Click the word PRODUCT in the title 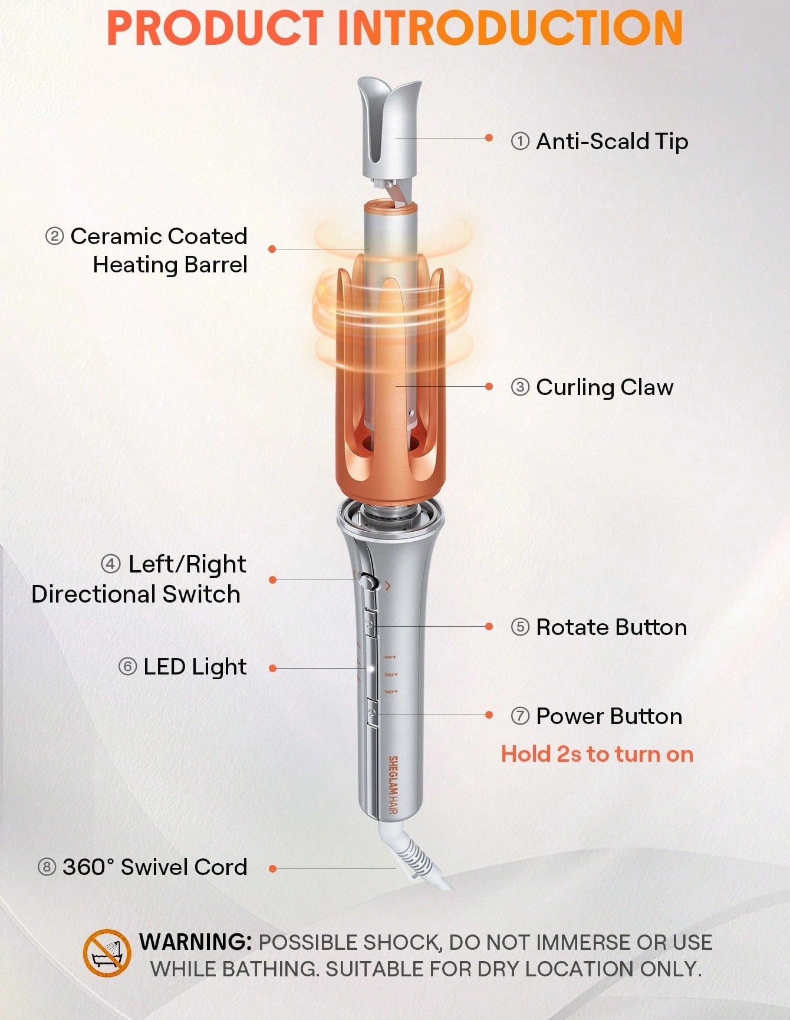pos(215,28)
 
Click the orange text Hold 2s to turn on pos(597,754)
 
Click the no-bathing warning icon pos(107,953)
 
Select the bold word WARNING pos(196,942)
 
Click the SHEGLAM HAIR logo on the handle pos(393,786)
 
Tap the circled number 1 pos(520,142)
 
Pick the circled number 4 pos(111,564)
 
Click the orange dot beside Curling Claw pos(489,387)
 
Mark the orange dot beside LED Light pos(272,668)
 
